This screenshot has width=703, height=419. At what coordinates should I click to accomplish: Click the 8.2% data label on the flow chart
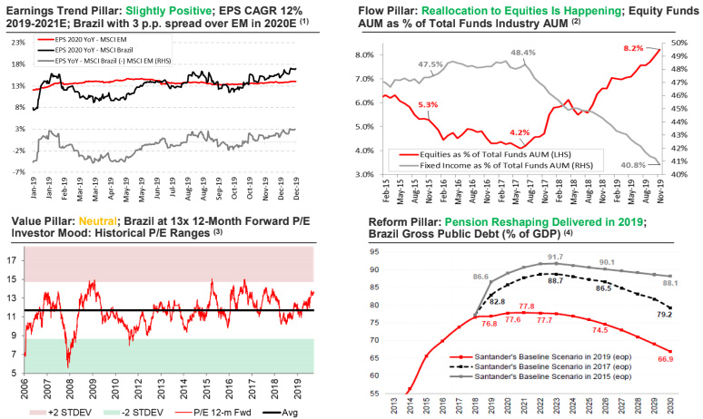click(633, 47)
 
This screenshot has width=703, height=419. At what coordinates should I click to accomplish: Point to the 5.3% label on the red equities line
click(428, 104)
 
